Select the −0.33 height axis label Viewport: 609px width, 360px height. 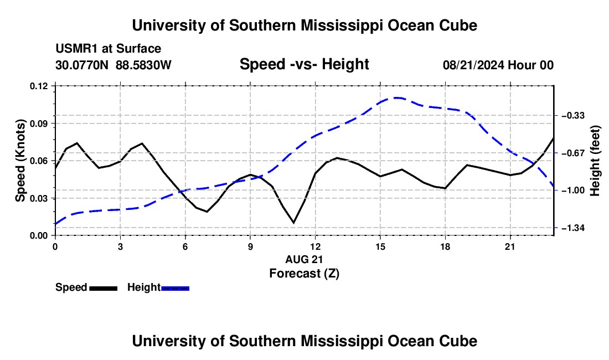click(x=573, y=115)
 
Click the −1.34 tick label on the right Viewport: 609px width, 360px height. click(x=573, y=228)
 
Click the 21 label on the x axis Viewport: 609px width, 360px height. click(x=510, y=246)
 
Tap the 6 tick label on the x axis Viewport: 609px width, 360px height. click(x=185, y=246)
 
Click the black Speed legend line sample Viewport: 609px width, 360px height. click(x=104, y=288)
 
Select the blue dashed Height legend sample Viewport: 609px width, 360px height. click(x=175, y=288)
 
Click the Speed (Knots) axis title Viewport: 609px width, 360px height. click(x=20, y=161)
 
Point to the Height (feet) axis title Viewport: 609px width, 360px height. click(x=595, y=161)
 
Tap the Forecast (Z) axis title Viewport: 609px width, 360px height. click(x=304, y=274)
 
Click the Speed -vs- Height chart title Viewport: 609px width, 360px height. click(x=304, y=64)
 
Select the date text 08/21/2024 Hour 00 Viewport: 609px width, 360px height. click(x=498, y=65)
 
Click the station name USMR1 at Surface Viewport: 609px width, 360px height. click(x=109, y=49)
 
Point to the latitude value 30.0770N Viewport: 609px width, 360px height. click(x=82, y=65)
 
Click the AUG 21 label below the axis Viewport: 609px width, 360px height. click(x=304, y=259)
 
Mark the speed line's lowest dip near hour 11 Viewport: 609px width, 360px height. click(x=293, y=223)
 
